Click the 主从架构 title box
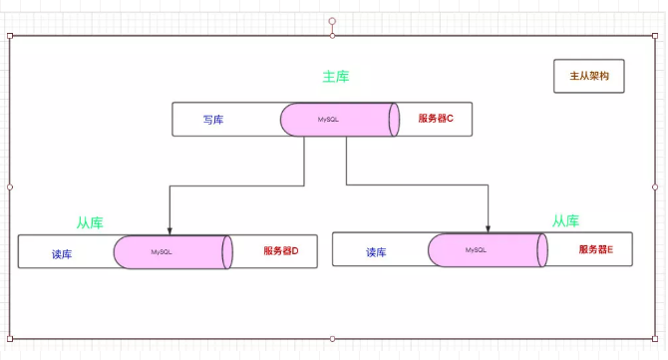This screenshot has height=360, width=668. (588, 76)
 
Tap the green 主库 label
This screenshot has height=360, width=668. (336, 77)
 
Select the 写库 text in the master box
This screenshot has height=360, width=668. (213, 120)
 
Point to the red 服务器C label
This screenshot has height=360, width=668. (436, 119)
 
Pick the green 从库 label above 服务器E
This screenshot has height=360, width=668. (565, 220)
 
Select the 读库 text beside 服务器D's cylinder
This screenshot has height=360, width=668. (62, 253)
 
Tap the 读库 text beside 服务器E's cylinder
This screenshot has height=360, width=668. (376, 252)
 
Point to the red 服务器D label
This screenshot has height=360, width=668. (281, 251)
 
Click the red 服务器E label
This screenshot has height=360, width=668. (595, 249)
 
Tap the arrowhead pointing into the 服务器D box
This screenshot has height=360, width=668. (170, 229)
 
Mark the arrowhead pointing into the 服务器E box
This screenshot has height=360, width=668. (489, 227)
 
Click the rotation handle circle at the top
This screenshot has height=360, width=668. (332, 20)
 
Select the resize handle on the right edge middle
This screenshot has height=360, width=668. (655, 186)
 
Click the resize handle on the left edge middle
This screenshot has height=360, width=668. (10, 186)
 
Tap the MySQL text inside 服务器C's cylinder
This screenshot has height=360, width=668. (329, 120)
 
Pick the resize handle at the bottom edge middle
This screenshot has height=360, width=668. (332, 338)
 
